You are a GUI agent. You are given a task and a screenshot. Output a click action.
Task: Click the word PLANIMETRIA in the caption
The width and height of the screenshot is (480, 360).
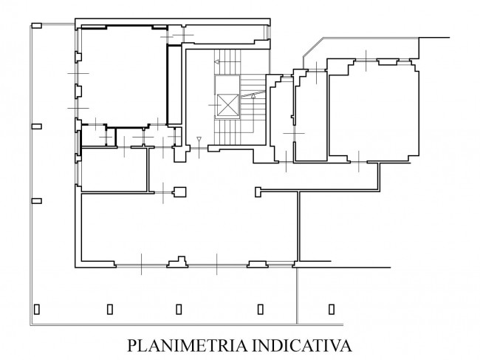tap(188, 346)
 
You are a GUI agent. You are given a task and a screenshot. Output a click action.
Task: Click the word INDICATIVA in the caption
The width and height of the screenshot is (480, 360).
tap(302, 346)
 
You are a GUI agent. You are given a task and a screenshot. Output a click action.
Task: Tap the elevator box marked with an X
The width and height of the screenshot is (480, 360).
tap(227, 105)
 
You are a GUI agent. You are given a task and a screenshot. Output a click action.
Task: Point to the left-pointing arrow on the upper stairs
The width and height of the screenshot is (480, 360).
tap(216, 61)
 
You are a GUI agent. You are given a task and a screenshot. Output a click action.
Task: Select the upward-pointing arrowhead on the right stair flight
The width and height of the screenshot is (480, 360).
tap(253, 97)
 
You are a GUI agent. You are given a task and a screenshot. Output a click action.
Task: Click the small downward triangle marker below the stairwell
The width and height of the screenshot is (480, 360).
tap(199, 139)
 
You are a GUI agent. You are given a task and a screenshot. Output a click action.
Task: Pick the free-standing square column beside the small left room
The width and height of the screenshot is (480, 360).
tap(180, 191)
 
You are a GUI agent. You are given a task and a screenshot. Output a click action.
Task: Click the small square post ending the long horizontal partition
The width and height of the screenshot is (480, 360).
tap(258, 191)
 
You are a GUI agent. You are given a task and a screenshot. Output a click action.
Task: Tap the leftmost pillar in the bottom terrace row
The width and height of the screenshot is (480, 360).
tap(37, 309)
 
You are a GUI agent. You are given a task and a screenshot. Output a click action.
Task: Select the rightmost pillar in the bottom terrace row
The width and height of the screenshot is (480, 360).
tap(332, 309)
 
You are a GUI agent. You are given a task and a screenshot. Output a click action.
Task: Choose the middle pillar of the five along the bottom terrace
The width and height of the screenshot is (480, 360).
tap(179, 309)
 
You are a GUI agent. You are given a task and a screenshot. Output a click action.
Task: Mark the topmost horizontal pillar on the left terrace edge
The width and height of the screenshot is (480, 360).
tap(37, 25)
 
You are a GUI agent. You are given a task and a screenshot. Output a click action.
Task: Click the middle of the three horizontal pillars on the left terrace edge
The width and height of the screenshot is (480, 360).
tap(37, 126)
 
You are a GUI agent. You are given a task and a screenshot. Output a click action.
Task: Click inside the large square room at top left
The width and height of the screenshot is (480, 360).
tap(123, 75)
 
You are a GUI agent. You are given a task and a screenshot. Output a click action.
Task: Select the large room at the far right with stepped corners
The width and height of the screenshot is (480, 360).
tap(374, 110)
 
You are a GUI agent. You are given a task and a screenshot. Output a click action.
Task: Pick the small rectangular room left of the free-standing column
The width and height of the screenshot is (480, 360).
tap(114, 170)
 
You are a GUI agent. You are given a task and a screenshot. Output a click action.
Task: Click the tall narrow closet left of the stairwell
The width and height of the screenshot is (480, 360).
tap(174, 85)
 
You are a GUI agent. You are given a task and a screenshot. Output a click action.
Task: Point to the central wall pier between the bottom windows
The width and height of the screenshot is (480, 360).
tap(177, 262)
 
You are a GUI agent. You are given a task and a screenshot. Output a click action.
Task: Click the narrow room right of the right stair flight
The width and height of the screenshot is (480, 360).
tap(281, 120)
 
